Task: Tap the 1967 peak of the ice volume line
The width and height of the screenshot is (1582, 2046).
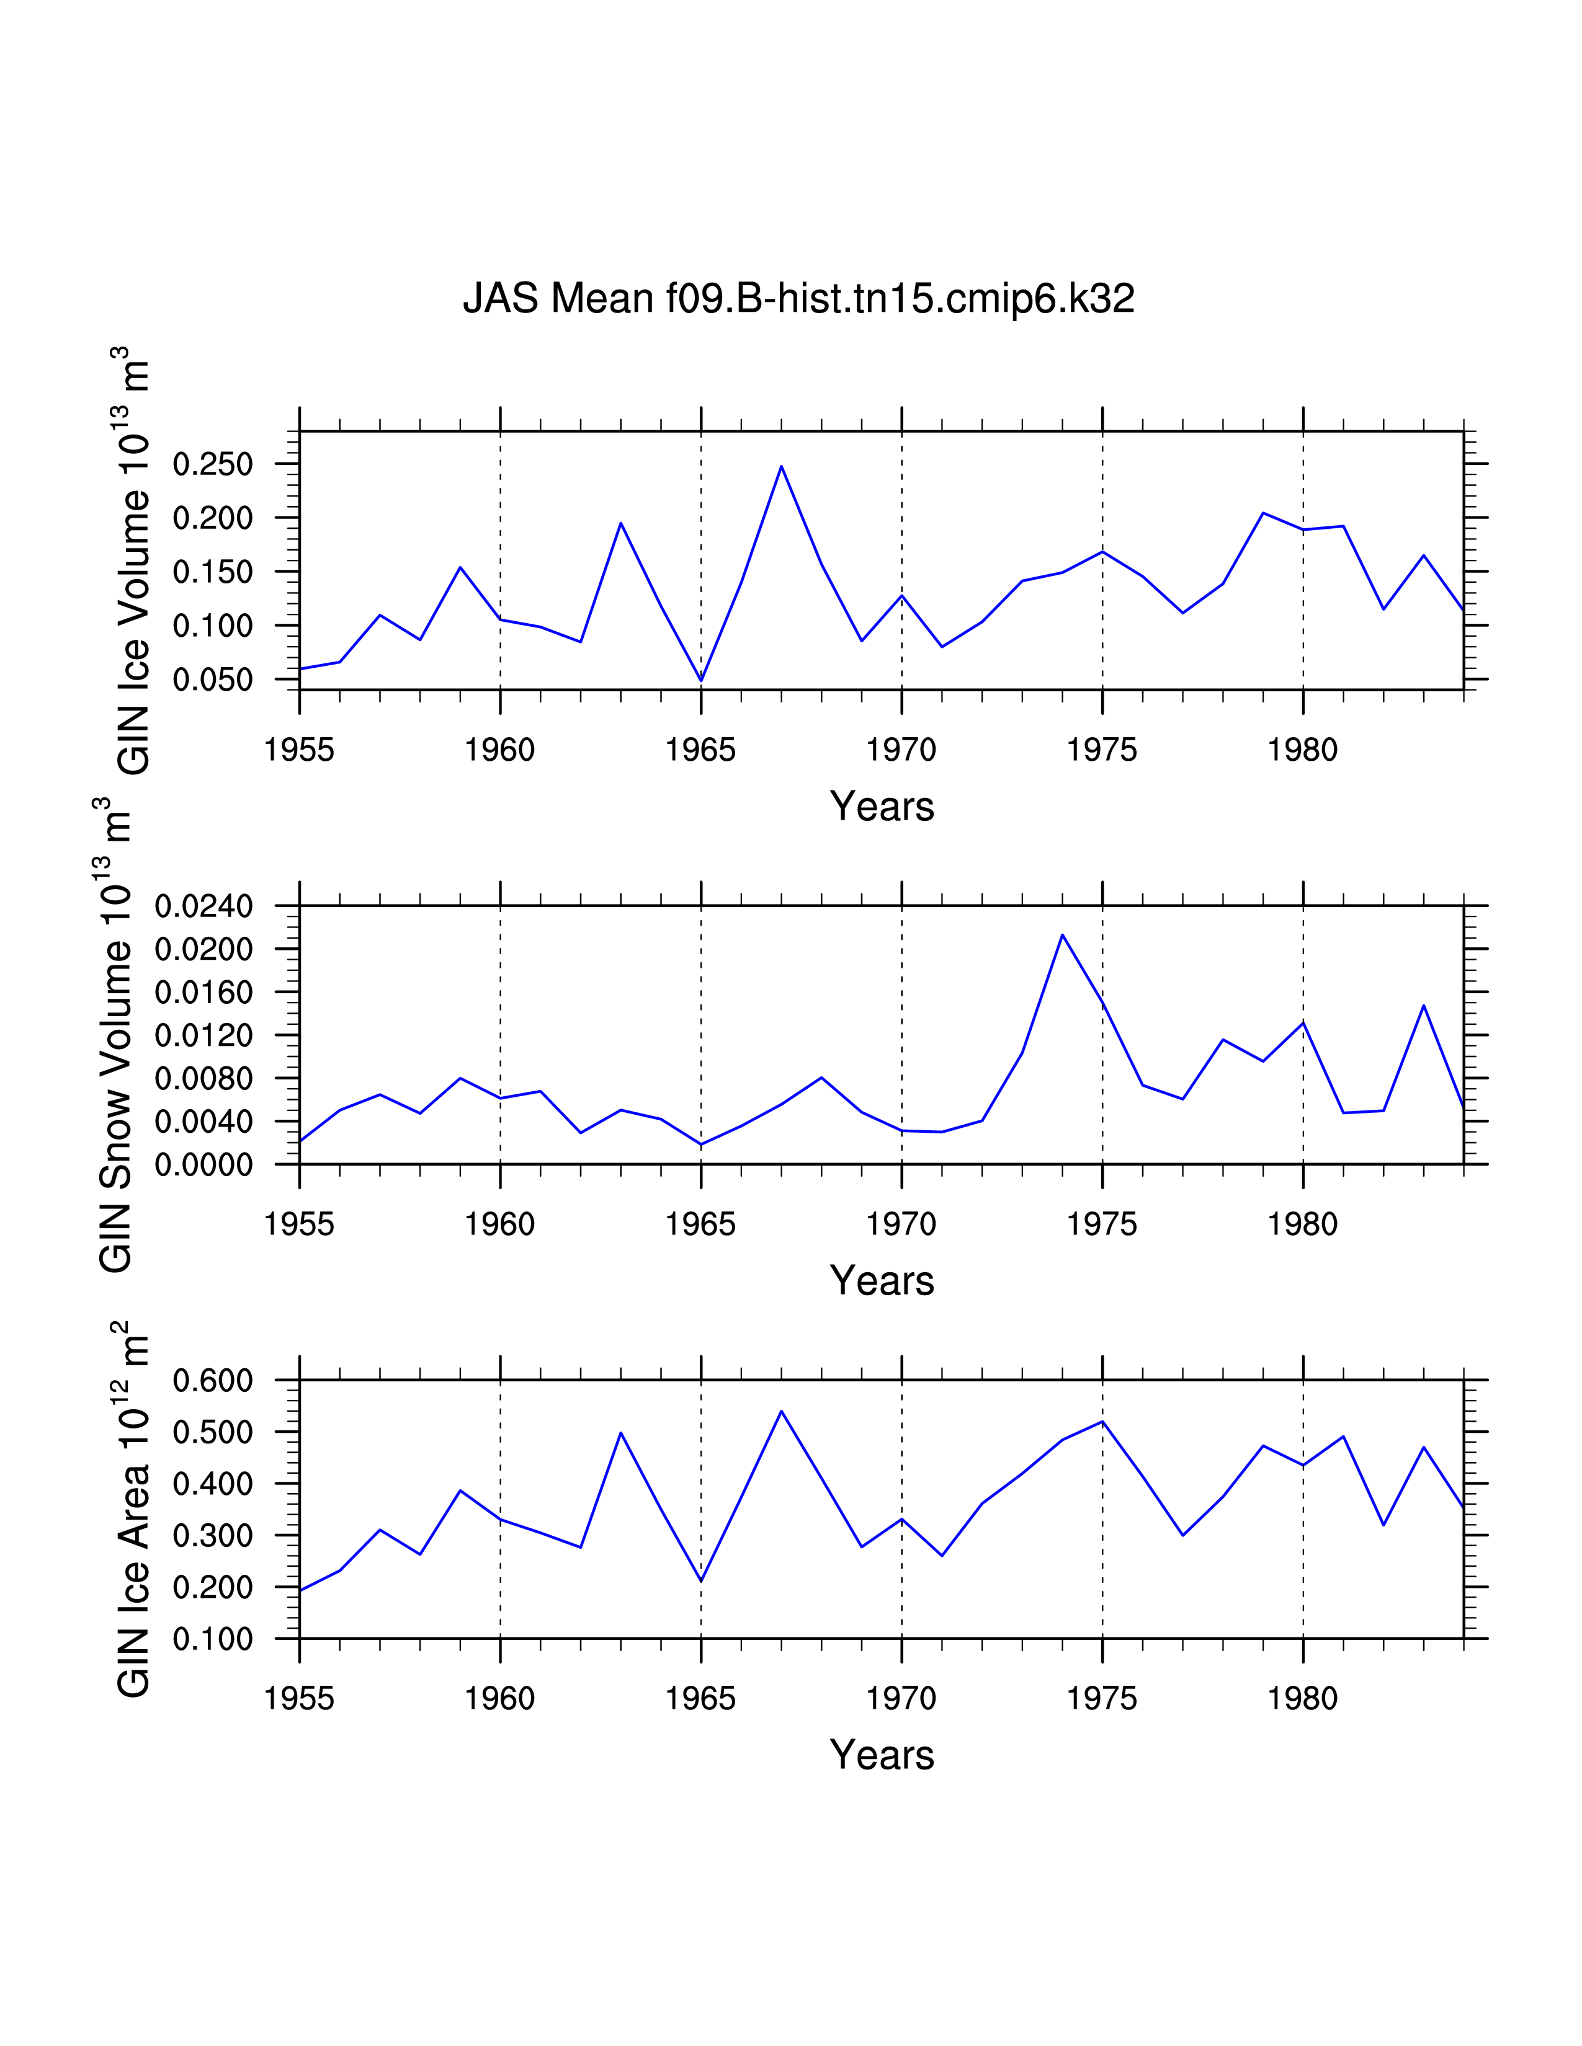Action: click(780, 466)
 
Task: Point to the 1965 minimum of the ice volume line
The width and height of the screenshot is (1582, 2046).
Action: click(701, 680)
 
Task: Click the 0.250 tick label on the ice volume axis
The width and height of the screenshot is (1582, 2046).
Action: click(213, 464)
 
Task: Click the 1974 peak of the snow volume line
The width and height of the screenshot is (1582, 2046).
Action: click(1062, 934)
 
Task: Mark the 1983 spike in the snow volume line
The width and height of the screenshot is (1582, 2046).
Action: click(1424, 1005)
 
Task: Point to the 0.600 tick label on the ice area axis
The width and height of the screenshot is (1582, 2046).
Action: click(213, 1380)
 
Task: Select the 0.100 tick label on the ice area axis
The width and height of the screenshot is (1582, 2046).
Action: click(213, 1639)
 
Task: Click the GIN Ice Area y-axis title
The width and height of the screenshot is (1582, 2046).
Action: click(133, 1509)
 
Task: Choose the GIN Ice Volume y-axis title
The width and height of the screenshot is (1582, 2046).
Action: click(133, 560)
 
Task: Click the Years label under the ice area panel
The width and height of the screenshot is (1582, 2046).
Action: click(882, 1755)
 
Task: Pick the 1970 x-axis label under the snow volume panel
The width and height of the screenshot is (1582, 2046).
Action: click(901, 1224)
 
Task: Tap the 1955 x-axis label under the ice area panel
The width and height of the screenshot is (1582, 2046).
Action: click(299, 1698)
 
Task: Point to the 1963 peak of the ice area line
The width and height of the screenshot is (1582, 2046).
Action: click(620, 1432)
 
